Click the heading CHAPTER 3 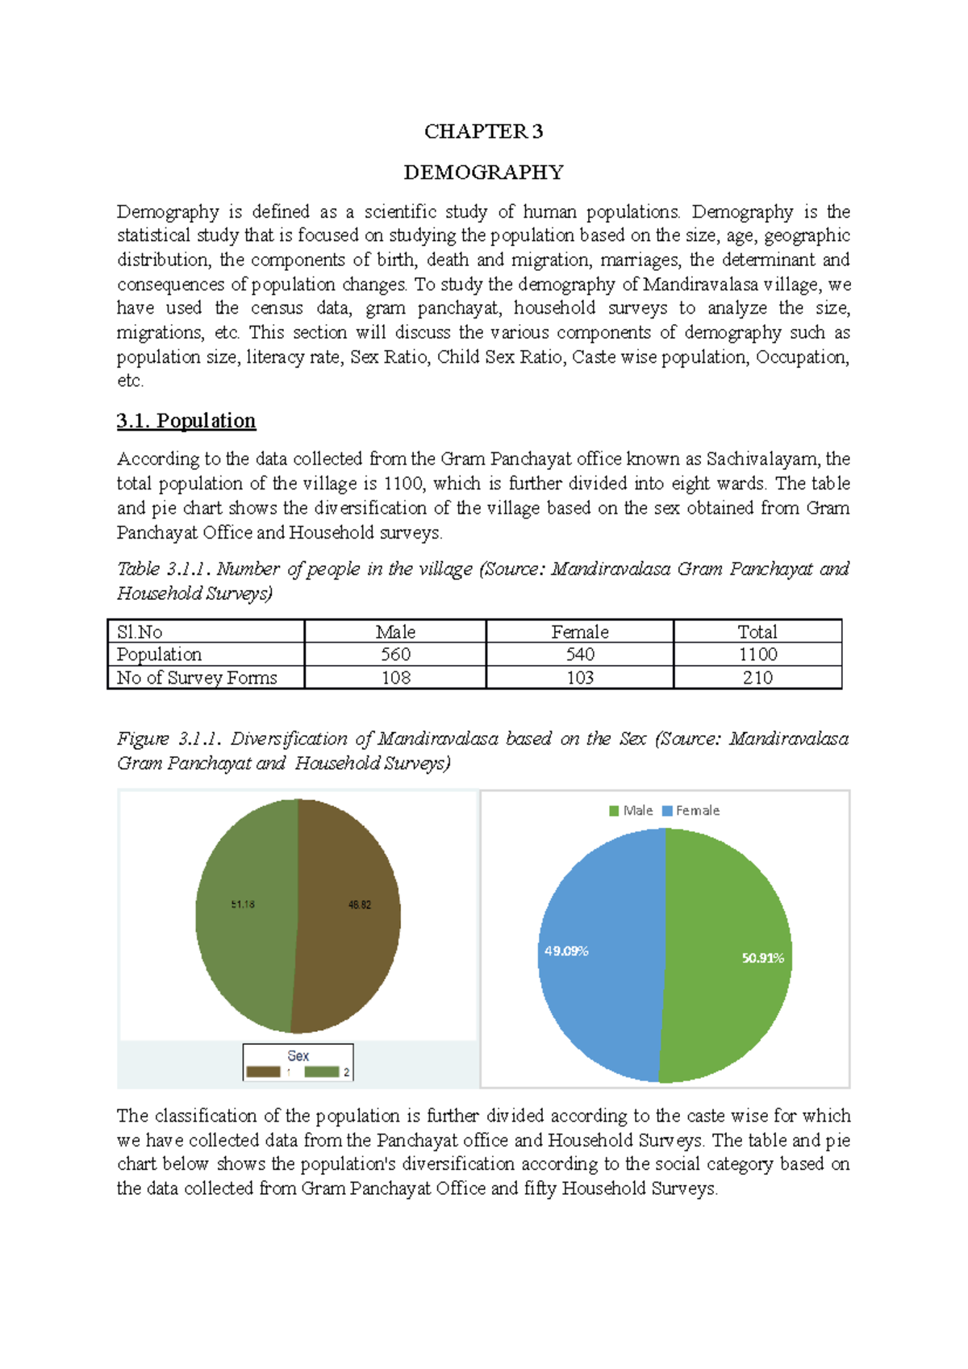pyautogui.click(x=483, y=131)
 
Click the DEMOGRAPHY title pyautogui.click(x=483, y=173)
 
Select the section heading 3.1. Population pyautogui.click(x=186, y=421)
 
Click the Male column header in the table pyautogui.click(x=395, y=632)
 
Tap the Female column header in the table pyautogui.click(x=579, y=632)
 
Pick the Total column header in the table pyautogui.click(x=757, y=632)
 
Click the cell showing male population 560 pyautogui.click(x=395, y=655)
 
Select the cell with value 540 pyautogui.click(x=579, y=655)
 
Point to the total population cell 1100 pyautogui.click(x=757, y=655)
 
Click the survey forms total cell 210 pyautogui.click(x=757, y=678)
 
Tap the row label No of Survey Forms pyautogui.click(x=197, y=678)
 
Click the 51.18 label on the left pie pyautogui.click(x=243, y=905)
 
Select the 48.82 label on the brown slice pyautogui.click(x=360, y=905)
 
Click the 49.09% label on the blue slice pyautogui.click(x=566, y=951)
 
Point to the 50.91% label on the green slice pyautogui.click(x=762, y=958)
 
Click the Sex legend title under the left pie pyautogui.click(x=298, y=1055)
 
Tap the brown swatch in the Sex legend pyautogui.click(x=263, y=1071)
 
